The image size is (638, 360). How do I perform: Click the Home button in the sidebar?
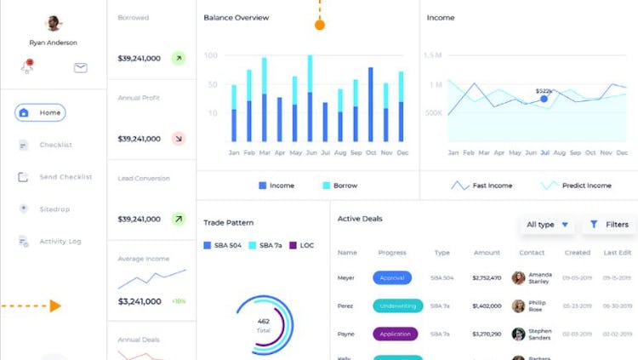pyautogui.click(x=40, y=112)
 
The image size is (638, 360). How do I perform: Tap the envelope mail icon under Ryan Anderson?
pyautogui.click(x=81, y=68)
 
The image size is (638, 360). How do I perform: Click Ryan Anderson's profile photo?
pyautogui.click(x=53, y=23)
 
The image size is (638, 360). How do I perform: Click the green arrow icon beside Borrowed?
pyautogui.click(x=178, y=59)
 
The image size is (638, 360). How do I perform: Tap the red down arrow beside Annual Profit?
pyautogui.click(x=178, y=138)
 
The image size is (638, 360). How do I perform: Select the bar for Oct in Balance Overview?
pyautogui.click(x=371, y=105)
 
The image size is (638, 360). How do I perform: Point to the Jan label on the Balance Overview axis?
pyautogui.click(x=234, y=153)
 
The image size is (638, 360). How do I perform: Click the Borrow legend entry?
pyautogui.click(x=339, y=186)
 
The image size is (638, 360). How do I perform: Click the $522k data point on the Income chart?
pyautogui.click(x=544, y=99)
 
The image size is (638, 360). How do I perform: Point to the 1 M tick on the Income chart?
pyautogui.click(x=435, y=85)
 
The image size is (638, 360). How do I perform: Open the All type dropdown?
pyautogui.click(x=546, y=225)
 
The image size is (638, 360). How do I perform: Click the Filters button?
pyautogui.click(x=609, y=225)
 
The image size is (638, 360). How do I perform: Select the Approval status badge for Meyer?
pyautogui.click(x=392, y=277)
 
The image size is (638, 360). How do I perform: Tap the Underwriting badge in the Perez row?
pyautogui.click(x=397, y=306)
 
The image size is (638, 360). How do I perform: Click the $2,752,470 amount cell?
pyautogui.click(x=487, y=277)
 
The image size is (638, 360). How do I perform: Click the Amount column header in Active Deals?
pyautogui.click(x=487, y=253)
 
